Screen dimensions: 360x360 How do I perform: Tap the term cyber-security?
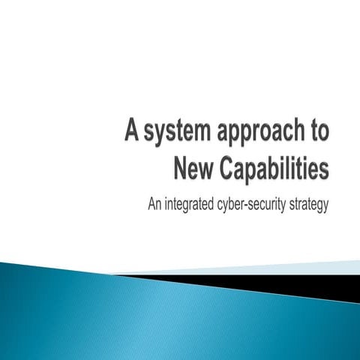(x=256, y=203)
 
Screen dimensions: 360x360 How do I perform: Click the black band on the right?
(x=300, y=283)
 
